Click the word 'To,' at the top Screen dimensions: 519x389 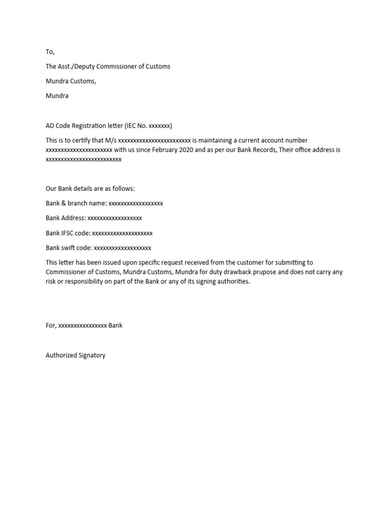pos(50,52)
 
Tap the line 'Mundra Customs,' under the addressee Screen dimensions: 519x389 pos(71,81)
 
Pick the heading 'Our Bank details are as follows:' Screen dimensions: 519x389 pos(90,189)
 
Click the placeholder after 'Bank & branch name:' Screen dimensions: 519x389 pos(136,203)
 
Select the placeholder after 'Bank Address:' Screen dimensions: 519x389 pos(114,218)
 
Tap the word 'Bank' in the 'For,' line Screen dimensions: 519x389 pos(115,325)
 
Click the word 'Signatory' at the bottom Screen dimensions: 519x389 pos(92,355)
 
